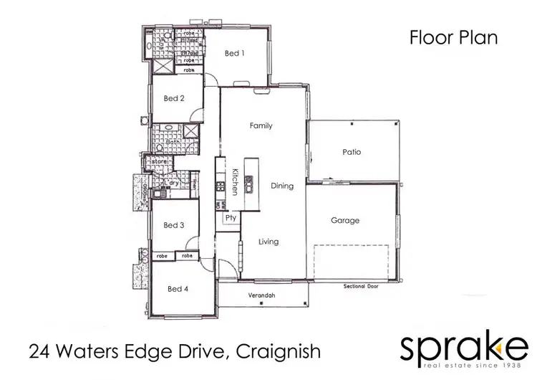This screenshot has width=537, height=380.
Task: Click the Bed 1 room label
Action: (x=235, y=53)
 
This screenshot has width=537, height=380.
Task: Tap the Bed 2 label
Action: (x=174, y=98)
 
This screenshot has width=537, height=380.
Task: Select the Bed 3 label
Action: (x=174, y=225)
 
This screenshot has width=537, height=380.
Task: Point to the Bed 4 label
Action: (x=178, y=289)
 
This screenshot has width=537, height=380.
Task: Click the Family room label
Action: (x=261, y=125)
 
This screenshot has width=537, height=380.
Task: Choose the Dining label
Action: (x=282, y=186)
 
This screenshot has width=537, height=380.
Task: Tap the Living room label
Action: (x=268, y=242)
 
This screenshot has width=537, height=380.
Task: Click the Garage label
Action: (x=344, y=220)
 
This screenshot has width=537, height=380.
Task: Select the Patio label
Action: (x=351, y=152)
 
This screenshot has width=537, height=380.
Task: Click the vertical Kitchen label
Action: (x=234, y=182)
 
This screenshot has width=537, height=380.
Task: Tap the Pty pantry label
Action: (x=231, y=217)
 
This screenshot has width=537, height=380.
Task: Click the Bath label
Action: (x=173, y=142)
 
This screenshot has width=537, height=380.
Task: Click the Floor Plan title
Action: (x=453, y=38)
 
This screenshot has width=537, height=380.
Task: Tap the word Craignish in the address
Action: (x=275, y=352)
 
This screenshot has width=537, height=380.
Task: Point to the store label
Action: (x=159, y=163)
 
